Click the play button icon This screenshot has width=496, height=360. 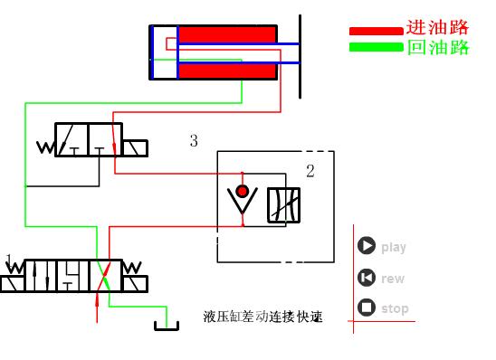click(x=367, y=246)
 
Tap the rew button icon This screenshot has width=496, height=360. click(x=367, y=278)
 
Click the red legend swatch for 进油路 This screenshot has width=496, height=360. click(x=376, y=31)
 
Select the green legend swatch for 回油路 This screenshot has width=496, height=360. click(x=376, y=47)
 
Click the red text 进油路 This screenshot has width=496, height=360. click(x=438, y=27)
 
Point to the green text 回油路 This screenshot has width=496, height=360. click(x=438, y=48)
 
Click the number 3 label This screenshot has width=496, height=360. click(x=194, y=140)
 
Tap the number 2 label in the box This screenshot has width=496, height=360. click(x=310, y=171)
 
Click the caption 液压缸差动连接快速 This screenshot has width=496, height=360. click(x=263, y=317)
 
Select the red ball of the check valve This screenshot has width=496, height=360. click(x=242, y=191)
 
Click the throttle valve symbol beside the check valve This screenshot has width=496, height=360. click(x=283, y=205)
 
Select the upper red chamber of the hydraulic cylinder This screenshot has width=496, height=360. click(x=226, y=34)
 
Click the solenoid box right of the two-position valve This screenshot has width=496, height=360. click(x=137, y=147)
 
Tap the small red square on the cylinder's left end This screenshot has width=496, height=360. click(x=172, y=42)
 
